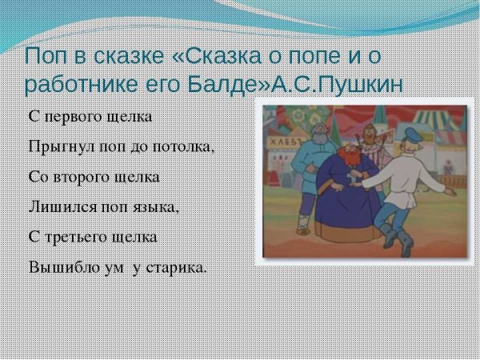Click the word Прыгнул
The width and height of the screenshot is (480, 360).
[x=57, y=147]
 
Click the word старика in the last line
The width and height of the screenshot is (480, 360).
[x=175, y=267]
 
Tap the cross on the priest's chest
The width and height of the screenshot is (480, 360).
[x=350, y=184]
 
